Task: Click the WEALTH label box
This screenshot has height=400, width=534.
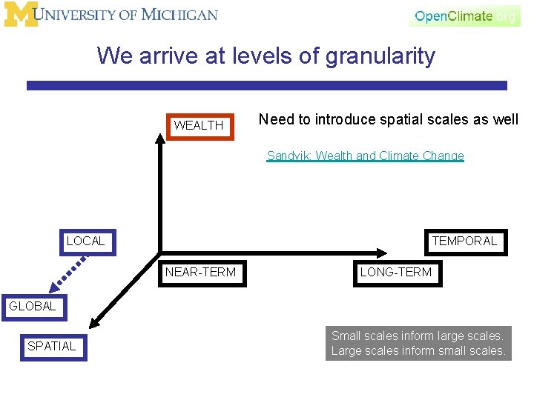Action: (199, 125)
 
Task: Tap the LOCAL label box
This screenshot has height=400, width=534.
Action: (86, 241)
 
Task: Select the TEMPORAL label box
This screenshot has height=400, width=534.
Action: (465, 241)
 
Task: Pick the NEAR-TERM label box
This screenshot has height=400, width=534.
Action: (200, 272)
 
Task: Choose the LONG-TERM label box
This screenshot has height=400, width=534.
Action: (395, 272)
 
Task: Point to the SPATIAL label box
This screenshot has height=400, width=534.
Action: (52, 346)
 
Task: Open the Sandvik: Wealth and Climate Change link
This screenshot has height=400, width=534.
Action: (365, 156)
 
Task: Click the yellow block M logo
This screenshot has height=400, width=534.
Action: (20, 15)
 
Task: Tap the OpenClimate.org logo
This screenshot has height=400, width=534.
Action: (464, 16)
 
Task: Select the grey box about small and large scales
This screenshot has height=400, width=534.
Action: (418, 344)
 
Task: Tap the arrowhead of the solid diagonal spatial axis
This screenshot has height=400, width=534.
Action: (93, 322)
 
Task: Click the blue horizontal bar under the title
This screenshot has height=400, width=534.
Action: (267, 86)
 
